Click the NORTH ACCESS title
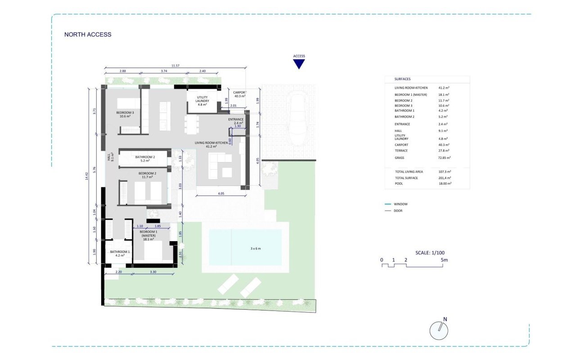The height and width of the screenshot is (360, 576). pos(88,35)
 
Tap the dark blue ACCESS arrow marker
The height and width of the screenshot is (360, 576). pos(299,64)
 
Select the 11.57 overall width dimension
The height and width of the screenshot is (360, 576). pos(175,66)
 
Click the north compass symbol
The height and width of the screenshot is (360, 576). pos(439,331)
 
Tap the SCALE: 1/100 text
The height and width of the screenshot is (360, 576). pos(430,253)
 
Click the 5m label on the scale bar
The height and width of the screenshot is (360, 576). pos(445,260)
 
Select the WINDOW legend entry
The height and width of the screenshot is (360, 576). pos(400,204)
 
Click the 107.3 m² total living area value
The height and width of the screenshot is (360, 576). pos(445,172)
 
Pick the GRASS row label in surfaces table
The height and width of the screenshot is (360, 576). pos(400,158)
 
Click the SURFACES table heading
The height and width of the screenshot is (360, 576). pos(402,79)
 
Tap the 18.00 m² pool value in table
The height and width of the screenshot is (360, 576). pos(445,184)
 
